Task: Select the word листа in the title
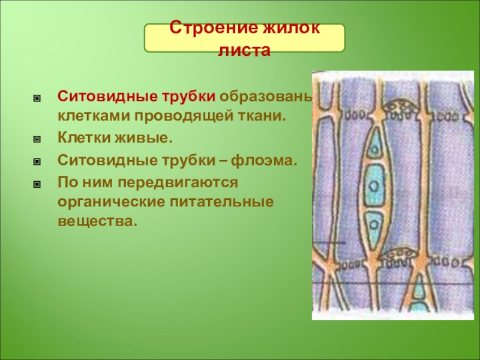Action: (x=244, y=50)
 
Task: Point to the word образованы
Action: (x=266, y=97)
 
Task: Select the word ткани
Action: (x=262, y=116)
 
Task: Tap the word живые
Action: (x=143, y=138)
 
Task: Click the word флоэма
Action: (x=264, y=160)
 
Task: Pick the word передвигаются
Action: (x=178, y=183)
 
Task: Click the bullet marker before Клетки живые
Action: (x=37, y=140)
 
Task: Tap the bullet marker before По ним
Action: (x=37, y=184)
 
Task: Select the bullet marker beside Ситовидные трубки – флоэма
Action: (x=37, y=161)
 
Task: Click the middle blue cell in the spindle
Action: (x=374, y=185)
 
